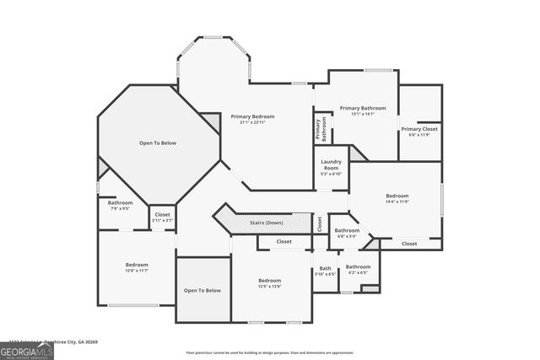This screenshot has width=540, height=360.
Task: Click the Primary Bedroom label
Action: [252, 116]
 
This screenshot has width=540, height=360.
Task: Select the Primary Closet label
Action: [419, 129]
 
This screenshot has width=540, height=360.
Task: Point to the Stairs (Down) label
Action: [267, 223]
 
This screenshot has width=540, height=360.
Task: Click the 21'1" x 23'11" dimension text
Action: [252, 122]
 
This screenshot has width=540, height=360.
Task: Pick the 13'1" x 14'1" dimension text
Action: [363, 114]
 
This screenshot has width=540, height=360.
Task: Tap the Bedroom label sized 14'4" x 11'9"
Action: [397, 196]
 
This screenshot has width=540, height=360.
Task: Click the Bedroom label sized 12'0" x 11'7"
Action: [137, 264]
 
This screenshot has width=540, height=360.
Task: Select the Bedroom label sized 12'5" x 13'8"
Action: [269, 280]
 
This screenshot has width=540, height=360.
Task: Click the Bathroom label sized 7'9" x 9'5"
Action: [120, 202]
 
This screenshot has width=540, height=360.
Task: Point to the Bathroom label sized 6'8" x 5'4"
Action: [346, 230]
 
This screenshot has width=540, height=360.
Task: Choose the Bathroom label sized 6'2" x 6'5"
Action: [358, 266]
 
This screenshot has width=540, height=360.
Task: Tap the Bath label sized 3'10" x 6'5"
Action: [325, 267]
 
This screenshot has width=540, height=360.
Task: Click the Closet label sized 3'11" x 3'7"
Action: [162, 214]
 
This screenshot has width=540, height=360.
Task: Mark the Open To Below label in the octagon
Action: [158, 143]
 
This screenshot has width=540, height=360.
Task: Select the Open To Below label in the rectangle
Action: [202, 291]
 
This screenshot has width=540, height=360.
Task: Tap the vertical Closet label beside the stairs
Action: [319, 223]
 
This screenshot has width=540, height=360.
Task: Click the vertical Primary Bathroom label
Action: [321, 128]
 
